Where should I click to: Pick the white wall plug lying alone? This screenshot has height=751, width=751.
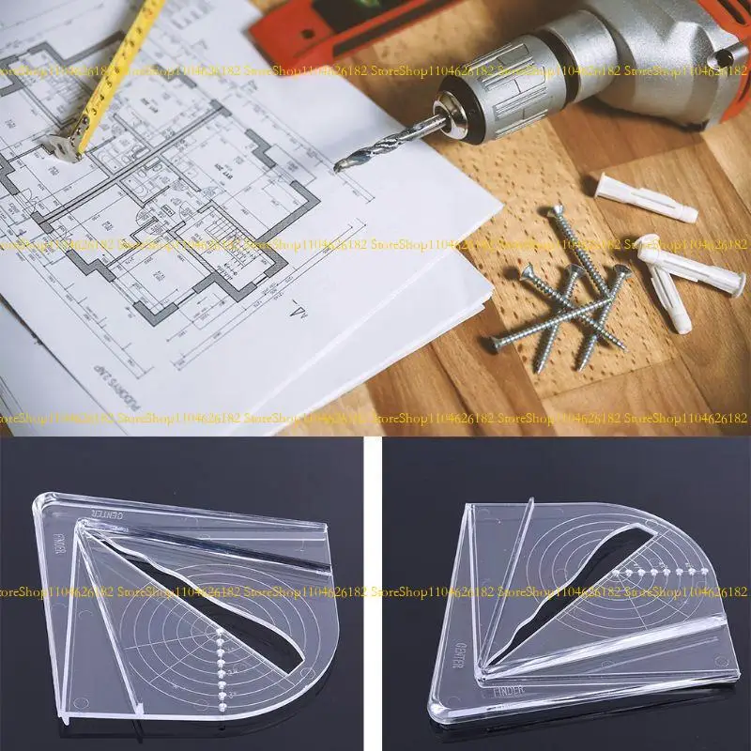[647, 198]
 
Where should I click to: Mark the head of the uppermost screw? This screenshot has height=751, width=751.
[555, 214]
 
